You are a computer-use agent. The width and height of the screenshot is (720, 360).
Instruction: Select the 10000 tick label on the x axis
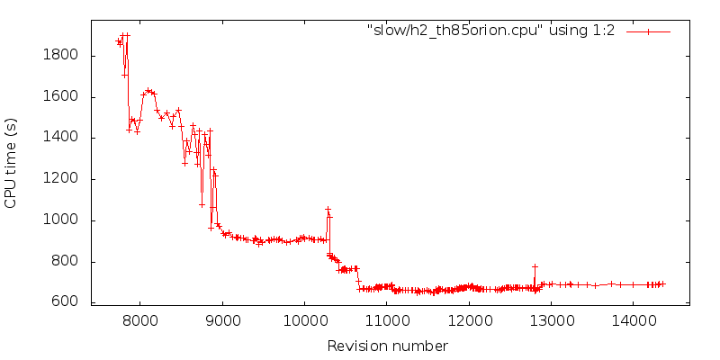click(x=304, y=321)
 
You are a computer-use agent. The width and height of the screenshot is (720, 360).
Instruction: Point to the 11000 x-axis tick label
click(x=386, y=321)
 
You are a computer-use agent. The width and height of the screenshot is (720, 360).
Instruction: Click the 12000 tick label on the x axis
click(x=469, y=321)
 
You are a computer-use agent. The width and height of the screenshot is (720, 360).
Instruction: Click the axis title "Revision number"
click(x=387, y=346)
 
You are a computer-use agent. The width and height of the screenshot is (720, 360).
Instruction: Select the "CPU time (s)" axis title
click(x=12, y=163)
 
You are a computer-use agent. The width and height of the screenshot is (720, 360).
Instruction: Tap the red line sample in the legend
click(x=648, y=31)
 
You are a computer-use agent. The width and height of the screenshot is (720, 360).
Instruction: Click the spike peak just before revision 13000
click(x=535, y=266)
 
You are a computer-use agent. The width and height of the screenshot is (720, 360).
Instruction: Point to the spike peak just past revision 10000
click(x=328, y=209)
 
